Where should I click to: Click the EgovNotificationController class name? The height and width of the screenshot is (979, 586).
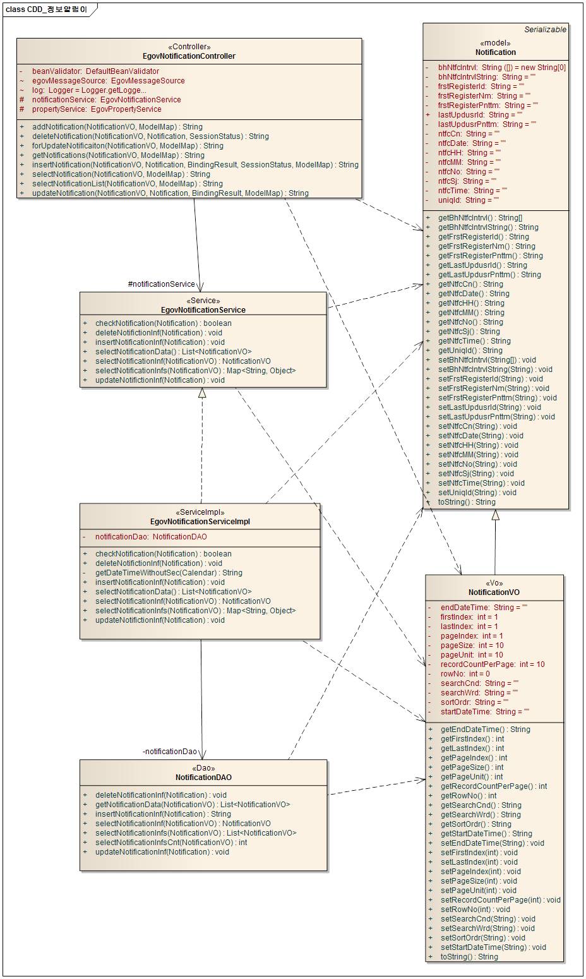(189, 56)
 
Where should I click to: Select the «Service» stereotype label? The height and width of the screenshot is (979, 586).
(203, 301)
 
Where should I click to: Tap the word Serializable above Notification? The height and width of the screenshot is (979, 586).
(545, 29)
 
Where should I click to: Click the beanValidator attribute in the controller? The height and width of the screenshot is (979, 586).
(95, 71)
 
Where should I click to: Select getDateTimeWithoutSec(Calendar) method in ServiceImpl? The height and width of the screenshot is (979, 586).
(168, 573)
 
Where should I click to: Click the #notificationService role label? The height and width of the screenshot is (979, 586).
(161, 284)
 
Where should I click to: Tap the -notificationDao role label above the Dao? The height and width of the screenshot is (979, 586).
(170, 752)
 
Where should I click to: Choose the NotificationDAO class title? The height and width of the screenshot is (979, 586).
(203, 778)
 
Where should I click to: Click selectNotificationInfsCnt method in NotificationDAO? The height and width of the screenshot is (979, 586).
(170, 843)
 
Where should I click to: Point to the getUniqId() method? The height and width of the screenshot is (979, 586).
(470, 351)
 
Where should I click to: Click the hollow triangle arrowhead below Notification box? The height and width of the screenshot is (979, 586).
(496, 515)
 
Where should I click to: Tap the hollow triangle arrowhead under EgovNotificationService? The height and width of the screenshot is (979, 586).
(202, 393)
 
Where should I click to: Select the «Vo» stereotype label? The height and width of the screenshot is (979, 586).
(494, 583)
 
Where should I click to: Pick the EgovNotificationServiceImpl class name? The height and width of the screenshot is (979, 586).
(200, 522)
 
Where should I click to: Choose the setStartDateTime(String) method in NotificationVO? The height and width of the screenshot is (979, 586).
(493, 947)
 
